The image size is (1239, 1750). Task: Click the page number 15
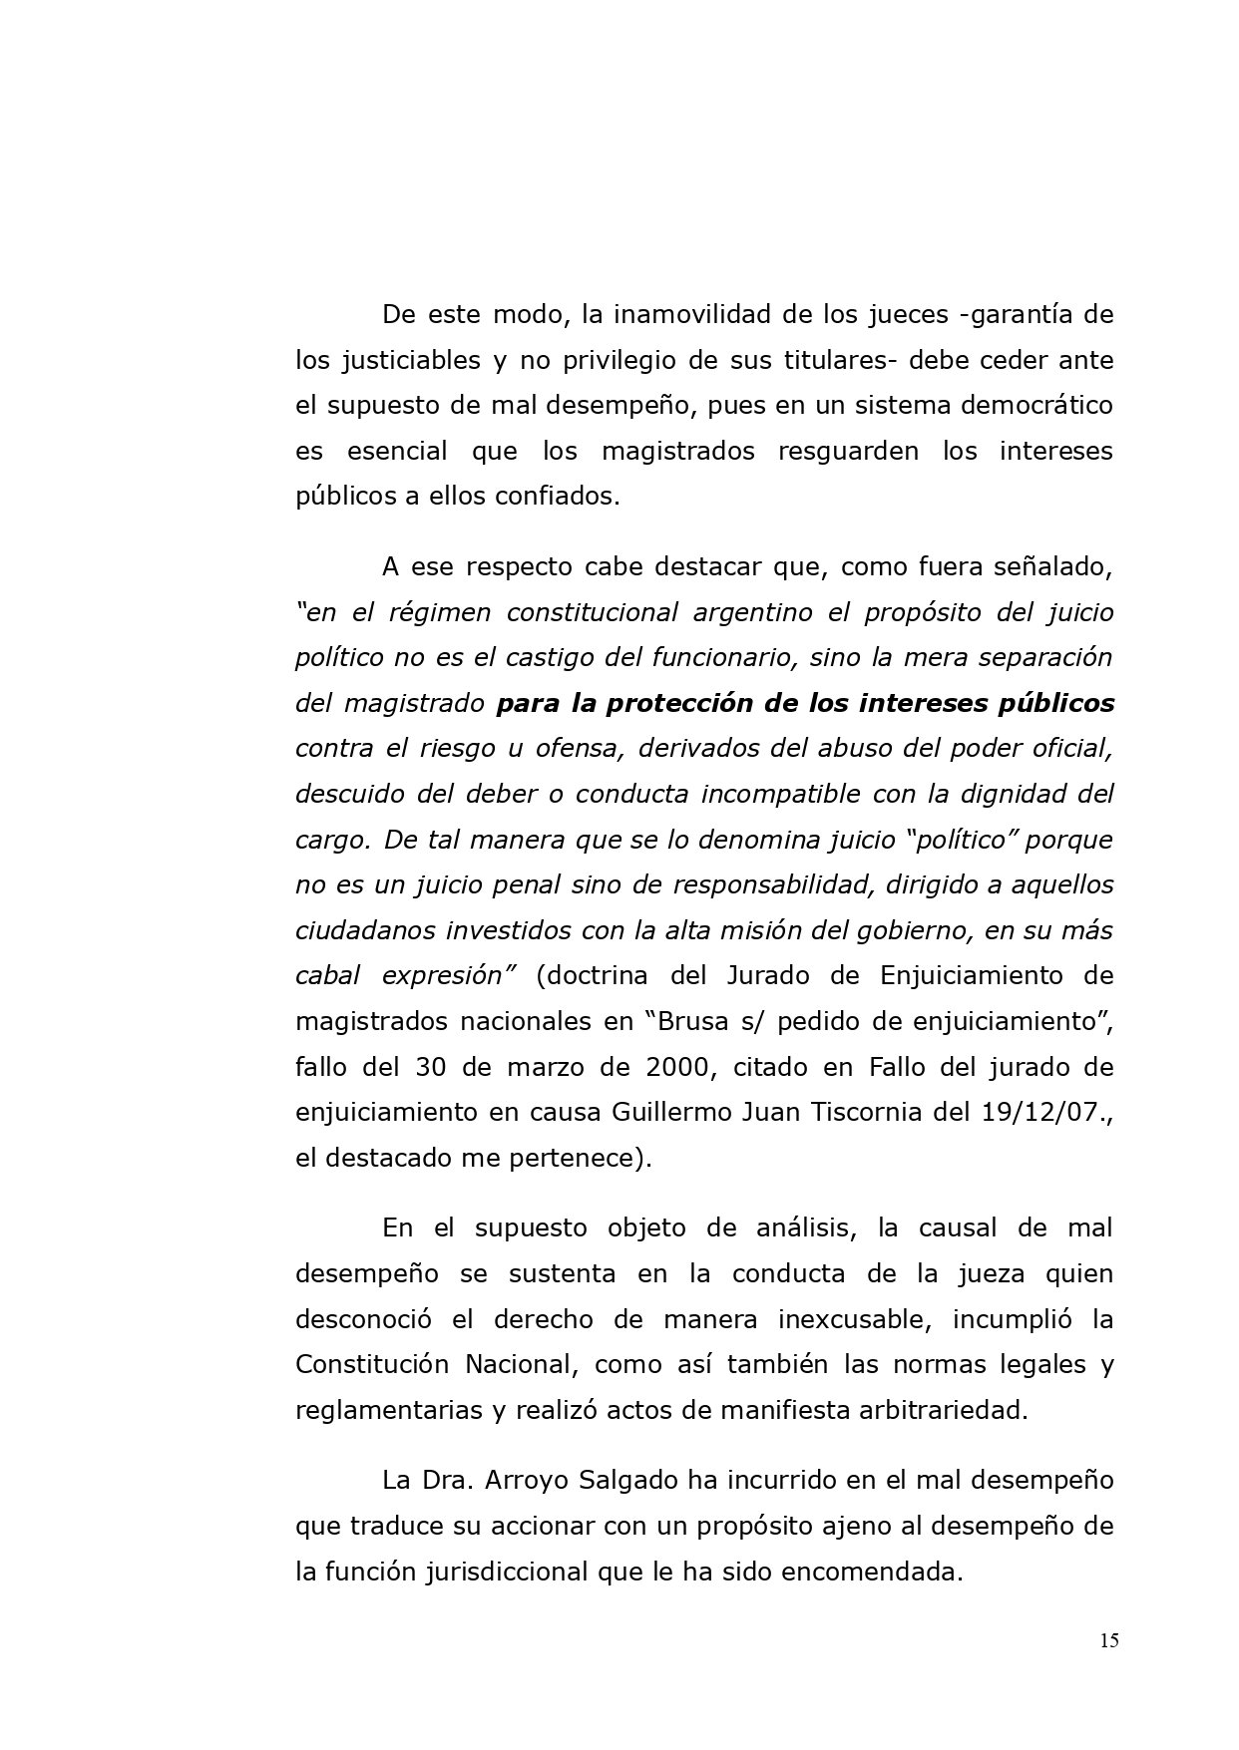(1109, 1641)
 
